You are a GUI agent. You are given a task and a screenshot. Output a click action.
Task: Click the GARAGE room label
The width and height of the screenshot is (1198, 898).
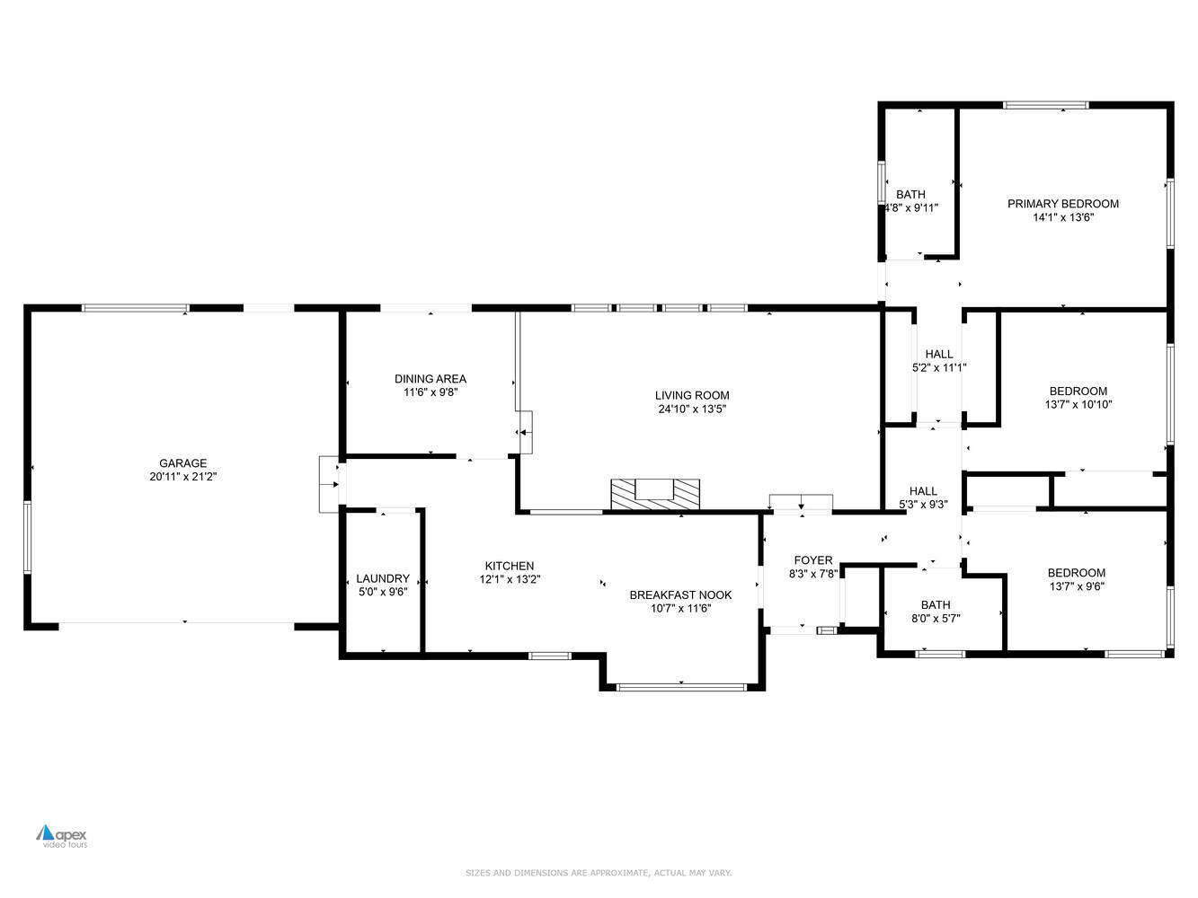(182, 463)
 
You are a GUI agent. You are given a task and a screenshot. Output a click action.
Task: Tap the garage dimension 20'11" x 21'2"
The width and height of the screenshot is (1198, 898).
(182, 477)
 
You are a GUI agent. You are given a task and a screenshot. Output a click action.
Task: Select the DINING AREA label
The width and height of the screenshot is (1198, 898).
(430, 379)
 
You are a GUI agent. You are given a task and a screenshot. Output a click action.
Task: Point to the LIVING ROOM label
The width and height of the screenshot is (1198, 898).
(691, 395)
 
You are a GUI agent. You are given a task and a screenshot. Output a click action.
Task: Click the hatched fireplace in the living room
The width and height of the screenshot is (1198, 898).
(654, 495)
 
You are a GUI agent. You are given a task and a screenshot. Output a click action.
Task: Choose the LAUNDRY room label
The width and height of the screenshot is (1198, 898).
(382, 578)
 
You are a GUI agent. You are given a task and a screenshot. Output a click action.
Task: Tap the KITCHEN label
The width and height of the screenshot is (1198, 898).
(510, 566)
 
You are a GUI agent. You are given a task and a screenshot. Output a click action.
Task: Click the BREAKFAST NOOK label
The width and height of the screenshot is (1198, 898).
(680, 594)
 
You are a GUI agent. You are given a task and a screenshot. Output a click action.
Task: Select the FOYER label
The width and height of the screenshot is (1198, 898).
(812, 560)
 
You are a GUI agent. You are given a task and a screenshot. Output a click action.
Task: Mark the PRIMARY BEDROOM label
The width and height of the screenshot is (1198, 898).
(1062, 204)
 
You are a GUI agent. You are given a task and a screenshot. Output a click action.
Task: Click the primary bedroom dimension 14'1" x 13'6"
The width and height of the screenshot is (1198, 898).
(1062, 217)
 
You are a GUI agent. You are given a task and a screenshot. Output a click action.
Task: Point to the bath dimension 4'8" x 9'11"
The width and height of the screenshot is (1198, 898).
(910, 208)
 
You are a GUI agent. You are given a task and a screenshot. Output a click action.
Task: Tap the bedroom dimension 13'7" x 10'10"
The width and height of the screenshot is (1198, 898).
(1078, 404)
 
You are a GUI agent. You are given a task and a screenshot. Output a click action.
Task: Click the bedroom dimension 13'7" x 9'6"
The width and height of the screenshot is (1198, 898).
(1076, 586)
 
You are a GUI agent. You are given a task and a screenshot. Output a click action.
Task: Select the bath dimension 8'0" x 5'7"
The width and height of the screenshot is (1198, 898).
(935, 618)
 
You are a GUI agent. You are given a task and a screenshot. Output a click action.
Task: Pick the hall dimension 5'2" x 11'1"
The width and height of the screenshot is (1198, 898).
(938, 367)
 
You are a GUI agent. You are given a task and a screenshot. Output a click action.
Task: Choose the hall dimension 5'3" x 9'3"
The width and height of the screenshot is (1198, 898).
(923, 505)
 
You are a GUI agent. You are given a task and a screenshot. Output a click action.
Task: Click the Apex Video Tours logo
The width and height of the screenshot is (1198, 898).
(62, 836)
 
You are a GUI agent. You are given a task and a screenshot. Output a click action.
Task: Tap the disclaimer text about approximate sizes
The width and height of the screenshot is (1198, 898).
(598, 873)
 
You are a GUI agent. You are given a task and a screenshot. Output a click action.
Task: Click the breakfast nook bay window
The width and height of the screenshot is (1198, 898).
(681, 688)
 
